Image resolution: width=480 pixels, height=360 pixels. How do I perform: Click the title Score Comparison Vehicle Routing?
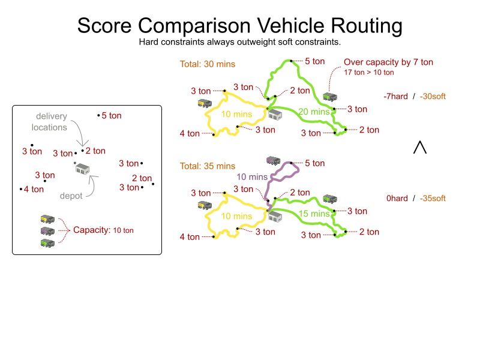pyautogui.click(x=239, y=26)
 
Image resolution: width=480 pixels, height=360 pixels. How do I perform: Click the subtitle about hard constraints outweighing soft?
pyautogui.click(x=239, y=42)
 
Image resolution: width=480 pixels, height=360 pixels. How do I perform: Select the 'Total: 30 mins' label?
pyautogui.click(x=208, y=64)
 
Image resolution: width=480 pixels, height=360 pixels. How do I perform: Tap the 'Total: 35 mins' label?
pyautogui.click(x=208, y=166)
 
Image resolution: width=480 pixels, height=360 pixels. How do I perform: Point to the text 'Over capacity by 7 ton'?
pyautogui.click(x=388, y=62)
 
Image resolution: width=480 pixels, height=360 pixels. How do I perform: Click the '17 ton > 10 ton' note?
pyautogui.click(x=369, y=73)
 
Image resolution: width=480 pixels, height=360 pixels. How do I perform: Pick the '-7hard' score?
pyautogui.click(x=396, y=97)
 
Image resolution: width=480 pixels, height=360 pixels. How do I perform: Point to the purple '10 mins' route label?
pyautogui.click(x=252, y=177)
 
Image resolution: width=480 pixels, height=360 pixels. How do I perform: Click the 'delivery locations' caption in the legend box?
pyautogui.click(x=52, y=121)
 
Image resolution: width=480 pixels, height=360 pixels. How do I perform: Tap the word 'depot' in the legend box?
pyautogui.click(x=71, y=196)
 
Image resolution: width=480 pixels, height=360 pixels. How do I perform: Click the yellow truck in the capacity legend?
pyautogui.click(x=47, y=220)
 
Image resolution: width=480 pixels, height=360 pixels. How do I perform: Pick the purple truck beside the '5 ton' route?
pyautogui.click(x=274, y=160)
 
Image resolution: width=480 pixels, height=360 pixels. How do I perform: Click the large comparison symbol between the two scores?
pyautogui.click(x=420, y=147)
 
